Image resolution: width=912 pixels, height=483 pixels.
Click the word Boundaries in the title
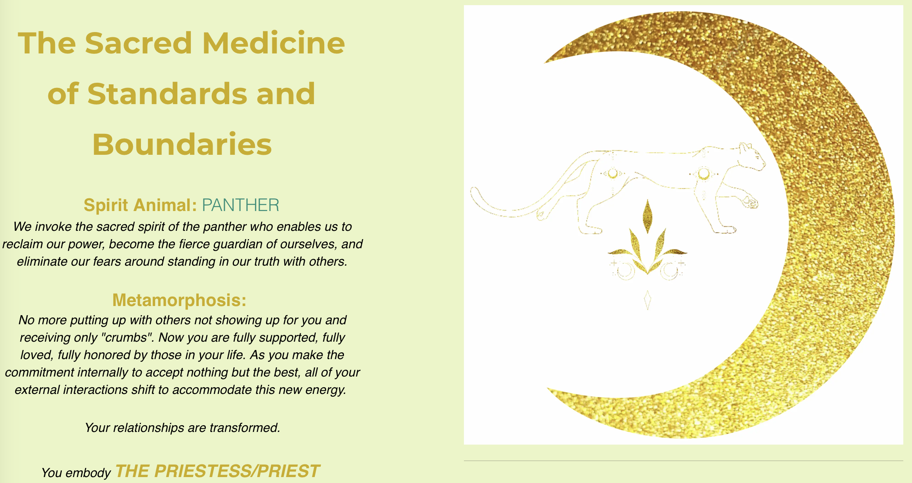tap(182, 144)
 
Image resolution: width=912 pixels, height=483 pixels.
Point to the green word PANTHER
tap(241, 205)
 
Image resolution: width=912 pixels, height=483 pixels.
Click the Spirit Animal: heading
tap(140, 205)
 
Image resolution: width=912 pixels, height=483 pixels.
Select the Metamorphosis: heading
tap(179, 300)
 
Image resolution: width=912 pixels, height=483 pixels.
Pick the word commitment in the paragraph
tap(40, 373)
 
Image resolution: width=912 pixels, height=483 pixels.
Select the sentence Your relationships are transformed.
tap(182, 428)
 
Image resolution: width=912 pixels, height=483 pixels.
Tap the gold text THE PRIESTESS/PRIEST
tap(217, 471)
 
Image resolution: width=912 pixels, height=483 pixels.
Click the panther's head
tap(751, 156)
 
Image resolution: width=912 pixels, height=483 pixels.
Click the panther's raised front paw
tap(750, 202)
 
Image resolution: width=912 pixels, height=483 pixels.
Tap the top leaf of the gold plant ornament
tap(648, 216)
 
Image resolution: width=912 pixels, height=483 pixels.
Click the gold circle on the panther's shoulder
tap(703, 173)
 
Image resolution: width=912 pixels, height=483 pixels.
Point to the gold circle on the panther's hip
tap(613, 173)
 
